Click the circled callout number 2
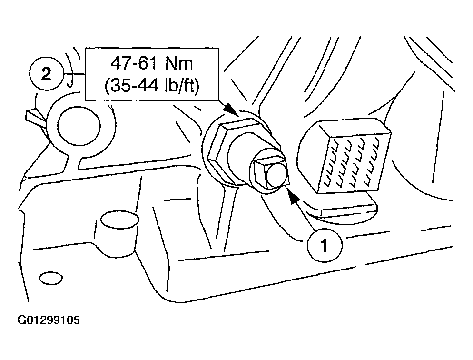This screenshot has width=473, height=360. [x=46, y=74]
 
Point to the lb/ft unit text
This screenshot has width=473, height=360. [x=179, y=86]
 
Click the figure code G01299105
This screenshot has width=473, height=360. [x=49, y=320]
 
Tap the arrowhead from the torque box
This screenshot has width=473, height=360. [x=231, y=109]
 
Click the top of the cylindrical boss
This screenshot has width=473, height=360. [x=120, y=220]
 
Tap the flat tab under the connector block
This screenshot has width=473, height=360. [x=347, y=208]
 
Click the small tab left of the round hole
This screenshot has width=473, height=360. [x=36, y=118]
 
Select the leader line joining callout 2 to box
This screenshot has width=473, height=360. [x=75, y=74]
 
